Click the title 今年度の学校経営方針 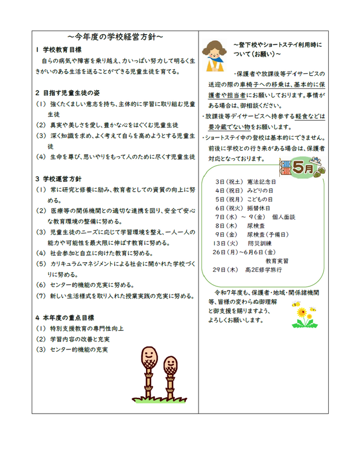tap(115, 36)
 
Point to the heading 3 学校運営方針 tap(61, 179)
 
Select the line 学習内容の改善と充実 tap(81, 338)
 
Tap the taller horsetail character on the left tap(148, 370)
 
